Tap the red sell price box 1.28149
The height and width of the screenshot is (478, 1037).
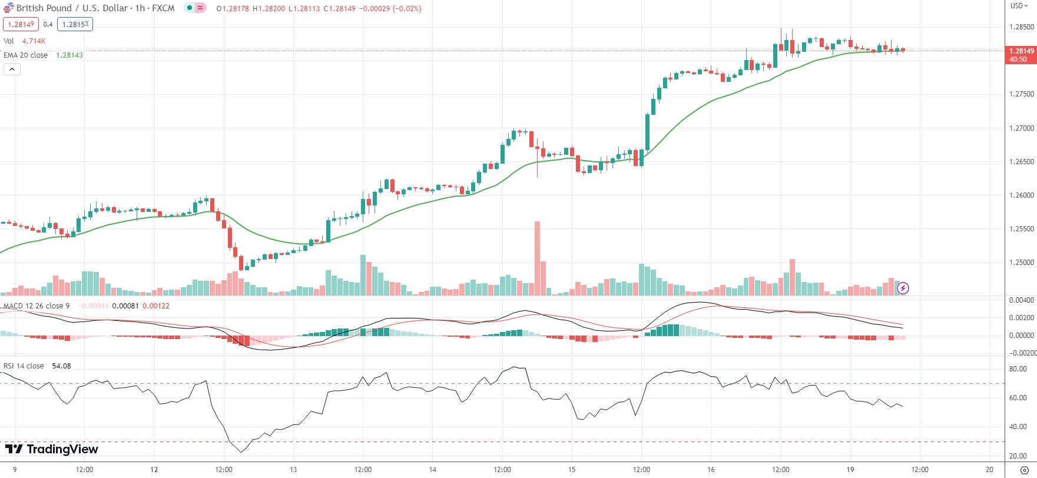click(21, 24)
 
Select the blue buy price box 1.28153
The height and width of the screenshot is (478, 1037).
click(75, 24)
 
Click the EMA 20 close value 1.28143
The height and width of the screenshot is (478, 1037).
click(69, 55)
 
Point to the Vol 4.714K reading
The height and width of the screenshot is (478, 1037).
click(34, 41)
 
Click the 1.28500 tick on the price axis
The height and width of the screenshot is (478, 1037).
click(1021, 27)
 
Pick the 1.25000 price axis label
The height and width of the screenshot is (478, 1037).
click(1021, 263)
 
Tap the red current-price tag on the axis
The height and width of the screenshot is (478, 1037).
click(1021, 55)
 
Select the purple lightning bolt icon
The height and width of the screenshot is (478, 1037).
click(903, 288)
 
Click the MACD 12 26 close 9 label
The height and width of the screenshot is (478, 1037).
click(37, 306)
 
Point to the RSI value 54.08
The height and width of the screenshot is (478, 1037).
click(61, 366)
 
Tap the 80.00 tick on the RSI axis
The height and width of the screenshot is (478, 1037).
click(1018, 370)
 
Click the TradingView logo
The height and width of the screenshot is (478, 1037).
click(52, 449)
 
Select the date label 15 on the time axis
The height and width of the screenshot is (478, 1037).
click(572, 470)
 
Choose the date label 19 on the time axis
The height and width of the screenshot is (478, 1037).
click(850, 470)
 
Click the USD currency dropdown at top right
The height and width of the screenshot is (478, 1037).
click(1019, 6)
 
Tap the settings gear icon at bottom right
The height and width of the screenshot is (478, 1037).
click(1024, 470)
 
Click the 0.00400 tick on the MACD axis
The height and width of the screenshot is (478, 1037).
click(1021, 300)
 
